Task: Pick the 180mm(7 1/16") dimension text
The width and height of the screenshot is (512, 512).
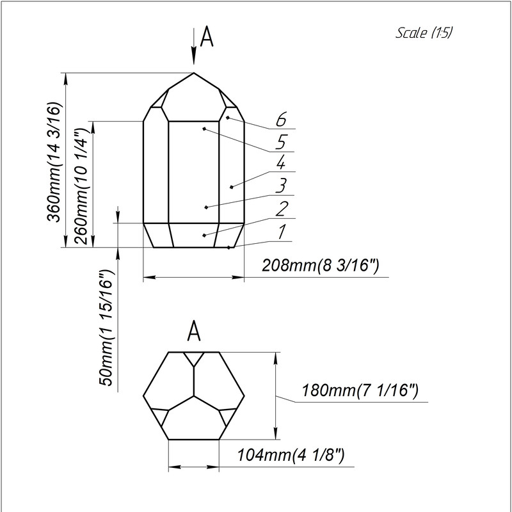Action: click(360, 390)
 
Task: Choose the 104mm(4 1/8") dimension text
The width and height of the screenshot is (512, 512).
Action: click(291, 456)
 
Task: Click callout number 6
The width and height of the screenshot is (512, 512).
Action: click(280, 120)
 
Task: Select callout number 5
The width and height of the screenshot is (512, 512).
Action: click(280, 141)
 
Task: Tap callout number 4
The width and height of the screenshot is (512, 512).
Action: click(280, 163)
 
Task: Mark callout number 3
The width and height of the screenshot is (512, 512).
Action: click(280, 186)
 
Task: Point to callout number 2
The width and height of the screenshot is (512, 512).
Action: click(280, 209)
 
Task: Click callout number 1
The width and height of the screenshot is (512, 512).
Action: click(280, 231)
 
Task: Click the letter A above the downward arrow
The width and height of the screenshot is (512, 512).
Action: click(206, 38)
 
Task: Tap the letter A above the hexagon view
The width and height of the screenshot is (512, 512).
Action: click(195, 332)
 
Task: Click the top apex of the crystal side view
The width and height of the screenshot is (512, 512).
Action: click(194, 72)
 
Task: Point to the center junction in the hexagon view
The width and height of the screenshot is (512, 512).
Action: click(194, 396)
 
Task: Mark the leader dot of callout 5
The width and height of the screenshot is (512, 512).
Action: click(204, 129)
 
